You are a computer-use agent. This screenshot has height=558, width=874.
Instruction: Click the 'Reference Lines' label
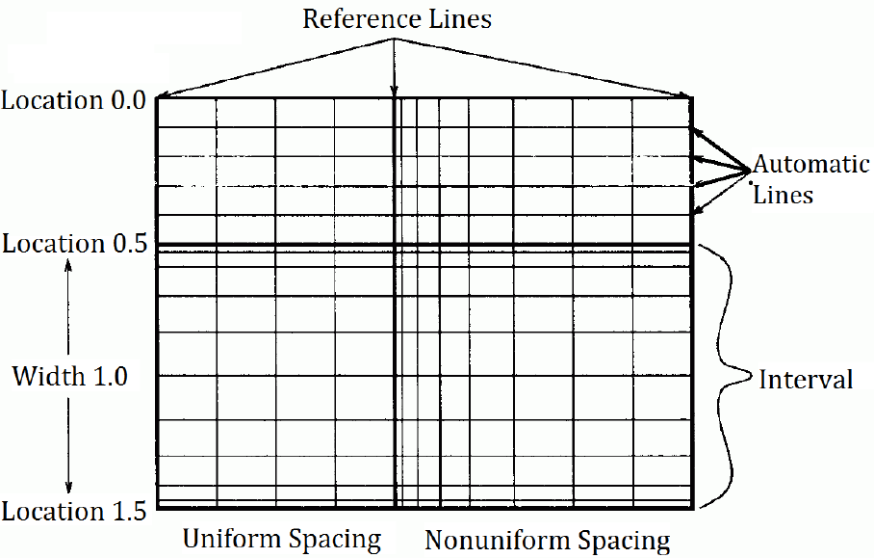[396, 18]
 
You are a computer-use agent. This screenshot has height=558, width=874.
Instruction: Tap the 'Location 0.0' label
[74, 100]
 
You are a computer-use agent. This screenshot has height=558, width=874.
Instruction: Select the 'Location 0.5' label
[74, 245]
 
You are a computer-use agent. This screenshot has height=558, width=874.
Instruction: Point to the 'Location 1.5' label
[74, 512]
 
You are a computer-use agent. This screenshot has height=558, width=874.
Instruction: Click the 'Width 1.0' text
[69, 377]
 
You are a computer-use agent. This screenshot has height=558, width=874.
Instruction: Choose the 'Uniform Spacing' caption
[282, 538]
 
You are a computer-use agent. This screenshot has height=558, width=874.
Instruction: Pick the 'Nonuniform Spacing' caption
[547, 540]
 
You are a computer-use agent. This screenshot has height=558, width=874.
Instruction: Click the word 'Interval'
[806, 380]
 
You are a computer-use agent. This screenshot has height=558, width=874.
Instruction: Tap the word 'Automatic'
[810, 164]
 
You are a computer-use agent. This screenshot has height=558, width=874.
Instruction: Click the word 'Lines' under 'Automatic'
[784, 195]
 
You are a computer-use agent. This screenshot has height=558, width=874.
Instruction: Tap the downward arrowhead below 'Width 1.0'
[68, 490]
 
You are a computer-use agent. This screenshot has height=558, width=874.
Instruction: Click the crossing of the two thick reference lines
[396, 247]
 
